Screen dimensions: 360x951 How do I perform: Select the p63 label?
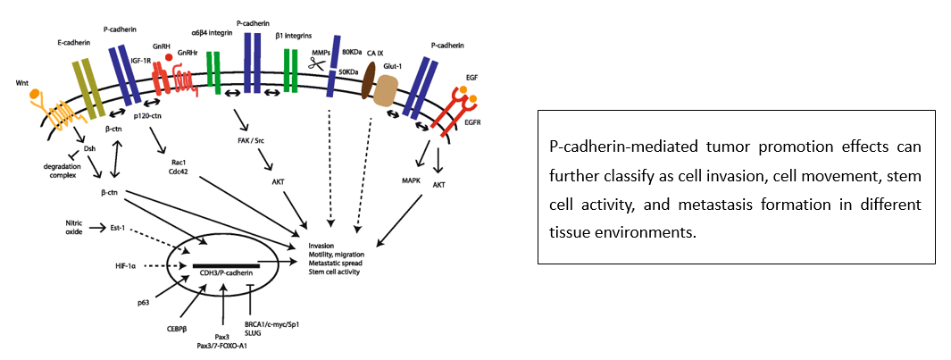pyautogui.click(x=145, y=303)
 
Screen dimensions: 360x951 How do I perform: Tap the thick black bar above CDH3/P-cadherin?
pyautogui.click(x=226, y=265)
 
